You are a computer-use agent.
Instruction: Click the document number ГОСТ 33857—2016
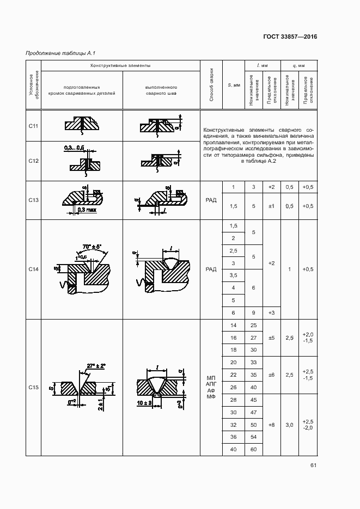pos(290,37)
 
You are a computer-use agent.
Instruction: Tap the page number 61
pos(313,465)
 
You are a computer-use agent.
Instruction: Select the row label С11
pos(33,126)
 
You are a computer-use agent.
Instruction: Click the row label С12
pos(33,161)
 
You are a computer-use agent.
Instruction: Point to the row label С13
pos(33,200)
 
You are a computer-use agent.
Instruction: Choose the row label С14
pos(33,269)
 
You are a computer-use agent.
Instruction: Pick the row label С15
pos(33,388)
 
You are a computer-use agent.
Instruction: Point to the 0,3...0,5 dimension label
pos(74,148)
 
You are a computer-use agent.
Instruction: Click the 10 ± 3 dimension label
pos(144,403)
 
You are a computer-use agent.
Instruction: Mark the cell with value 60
pos(253,449)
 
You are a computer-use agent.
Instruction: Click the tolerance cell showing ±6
pos(271,375)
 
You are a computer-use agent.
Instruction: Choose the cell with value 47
pos(253,413)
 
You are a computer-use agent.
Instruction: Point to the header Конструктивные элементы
pos(120,65)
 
